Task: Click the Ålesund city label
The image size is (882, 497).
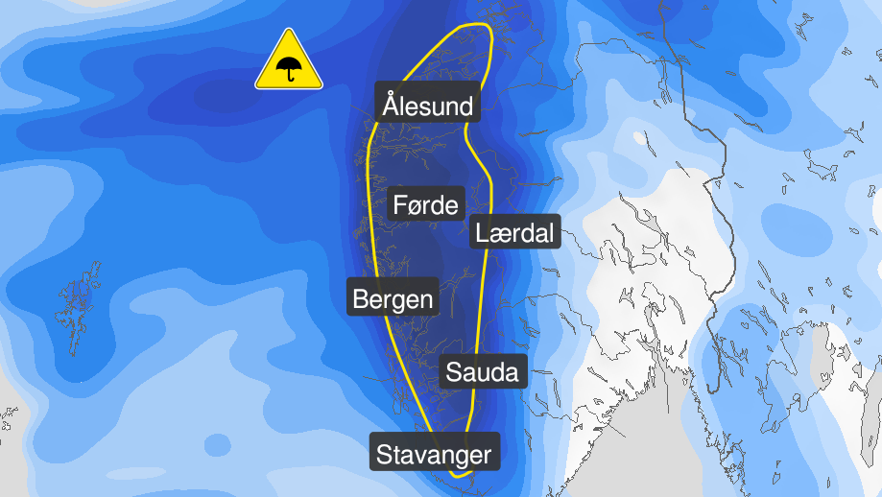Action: tap(428, 104)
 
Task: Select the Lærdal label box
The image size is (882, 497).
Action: tap(515, 231)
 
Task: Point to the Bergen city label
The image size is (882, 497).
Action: tap(393, 298)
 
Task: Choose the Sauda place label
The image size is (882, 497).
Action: tap(483, 371)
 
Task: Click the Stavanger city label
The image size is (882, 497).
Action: tap(435, 453)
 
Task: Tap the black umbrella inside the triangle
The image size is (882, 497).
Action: tap(288, 69)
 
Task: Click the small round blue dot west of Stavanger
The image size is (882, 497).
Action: tap(218, 445)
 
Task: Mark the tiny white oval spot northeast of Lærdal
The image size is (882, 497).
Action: tap(639, 137)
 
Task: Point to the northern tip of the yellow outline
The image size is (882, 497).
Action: tap(476, 24)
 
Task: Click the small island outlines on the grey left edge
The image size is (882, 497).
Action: tap(8, 418)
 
